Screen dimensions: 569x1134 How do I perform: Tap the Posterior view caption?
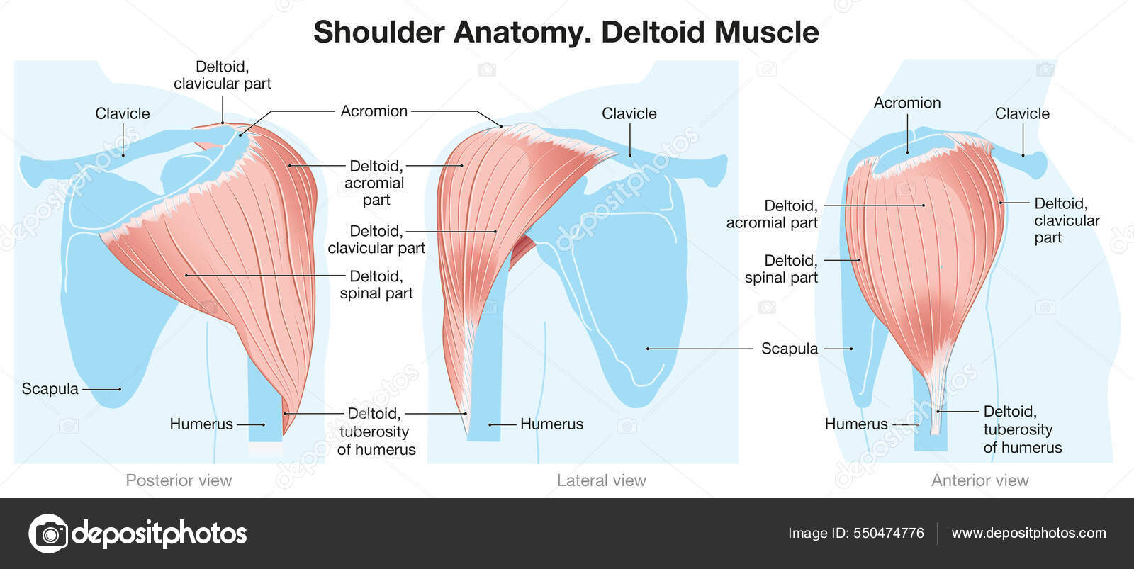(x=179, y=480)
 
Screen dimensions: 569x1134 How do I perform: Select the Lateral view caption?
(x=601, y=480)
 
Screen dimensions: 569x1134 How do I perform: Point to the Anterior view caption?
(x=979, y=480)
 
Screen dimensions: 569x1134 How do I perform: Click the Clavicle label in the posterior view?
(x=123, y=113)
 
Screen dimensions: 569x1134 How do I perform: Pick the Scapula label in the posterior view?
(x=50, y=388)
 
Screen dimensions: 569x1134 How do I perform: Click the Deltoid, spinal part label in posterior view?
(x=376, y=285)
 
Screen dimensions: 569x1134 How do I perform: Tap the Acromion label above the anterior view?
(x=906, y=103)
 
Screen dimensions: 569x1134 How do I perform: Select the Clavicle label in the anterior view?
(x=1021, y=113)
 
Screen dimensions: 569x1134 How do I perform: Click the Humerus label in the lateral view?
(x=551, y=424)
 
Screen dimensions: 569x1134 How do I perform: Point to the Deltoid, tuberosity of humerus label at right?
(x=1022, y=429)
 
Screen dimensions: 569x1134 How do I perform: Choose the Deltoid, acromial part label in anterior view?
(x=772, y=214)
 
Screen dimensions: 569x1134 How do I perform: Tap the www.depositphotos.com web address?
(x=1028, y=533)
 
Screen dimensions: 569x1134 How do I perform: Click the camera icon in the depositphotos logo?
(x=49, y=534)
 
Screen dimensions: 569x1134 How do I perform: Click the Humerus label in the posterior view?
(x=201, y=424)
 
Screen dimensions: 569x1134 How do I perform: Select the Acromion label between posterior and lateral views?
(x=374, y=111)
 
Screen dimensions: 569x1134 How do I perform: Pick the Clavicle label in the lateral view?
(x=629, y=113)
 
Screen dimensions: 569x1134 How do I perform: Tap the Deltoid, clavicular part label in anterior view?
(x=1066, y=220)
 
